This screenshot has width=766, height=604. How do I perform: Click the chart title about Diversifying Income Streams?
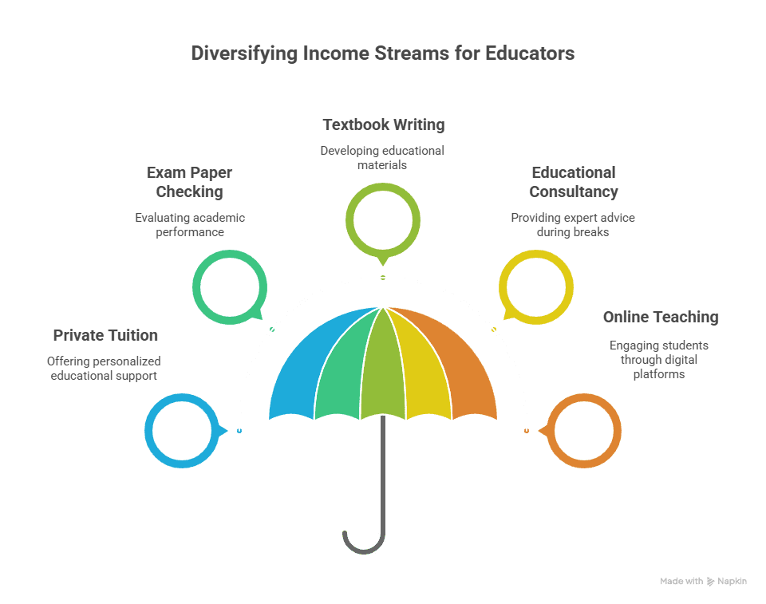coord(382,54)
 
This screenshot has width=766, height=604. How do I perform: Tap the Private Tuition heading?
coord(105,335)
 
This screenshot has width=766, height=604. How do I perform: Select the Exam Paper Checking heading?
coord(189,182)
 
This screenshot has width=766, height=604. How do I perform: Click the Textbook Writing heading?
coord(383,124)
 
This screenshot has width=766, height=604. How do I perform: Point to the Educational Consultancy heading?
coord(573,182)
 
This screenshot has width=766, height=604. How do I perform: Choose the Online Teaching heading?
coord(660,317)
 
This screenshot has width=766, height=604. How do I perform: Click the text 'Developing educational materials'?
coord(382,157)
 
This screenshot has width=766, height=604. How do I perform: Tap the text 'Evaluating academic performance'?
coord(189,224)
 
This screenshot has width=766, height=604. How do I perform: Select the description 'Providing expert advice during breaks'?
coord(573,224)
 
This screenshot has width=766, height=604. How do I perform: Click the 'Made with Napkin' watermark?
coord(703,582)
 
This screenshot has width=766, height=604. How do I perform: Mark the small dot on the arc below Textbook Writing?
coord(383,278)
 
